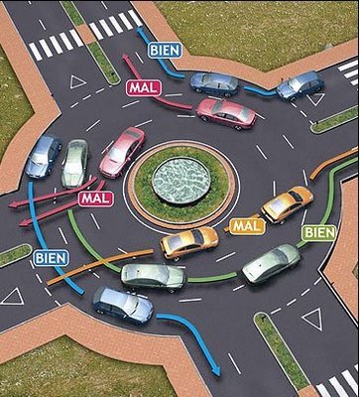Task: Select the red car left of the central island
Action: (x=122, y=152)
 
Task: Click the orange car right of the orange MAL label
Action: (x=287, y=203)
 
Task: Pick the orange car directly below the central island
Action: (x=188, y=241)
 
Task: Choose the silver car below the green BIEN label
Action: (x=270, y=263)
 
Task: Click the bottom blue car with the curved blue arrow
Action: (x=122, y=304)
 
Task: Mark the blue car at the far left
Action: (x=44, y=156)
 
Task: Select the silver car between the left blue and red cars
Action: (x=75, y=163)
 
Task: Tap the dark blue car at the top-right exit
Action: (x=299, y=85)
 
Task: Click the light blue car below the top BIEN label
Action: (x=213, y=83)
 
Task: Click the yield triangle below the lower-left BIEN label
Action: (x=13, y=296)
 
